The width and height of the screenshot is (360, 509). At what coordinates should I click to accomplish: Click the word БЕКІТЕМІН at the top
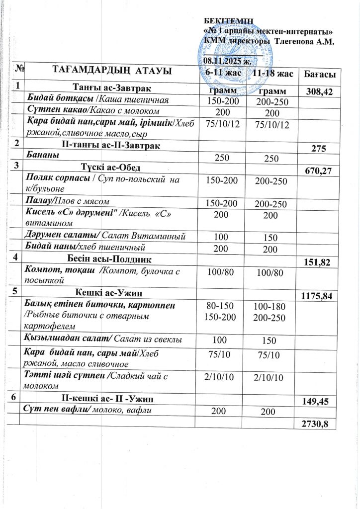coord(229,20)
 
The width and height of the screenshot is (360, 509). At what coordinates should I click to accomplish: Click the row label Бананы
coord(42,155)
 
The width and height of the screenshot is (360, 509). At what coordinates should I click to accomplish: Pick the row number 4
coord(17,257)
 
